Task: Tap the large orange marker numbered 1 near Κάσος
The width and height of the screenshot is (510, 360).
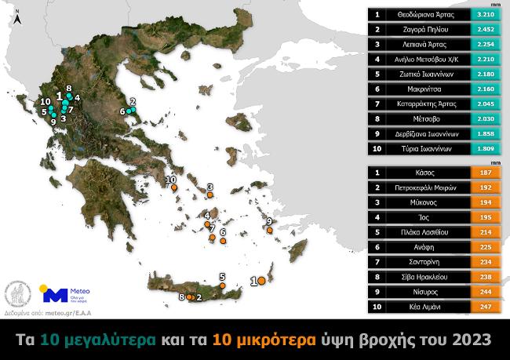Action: pyautogui.click(x=261, y=280)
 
